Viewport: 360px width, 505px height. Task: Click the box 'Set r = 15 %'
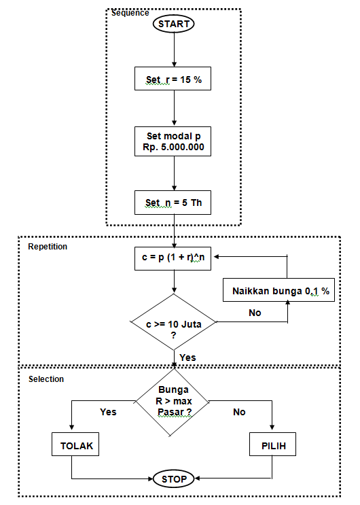[174, 80]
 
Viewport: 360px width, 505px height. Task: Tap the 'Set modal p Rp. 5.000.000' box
[174, 142]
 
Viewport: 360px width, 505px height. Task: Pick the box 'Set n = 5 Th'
[174, 203]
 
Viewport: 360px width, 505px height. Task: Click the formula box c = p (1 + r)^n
[174, 257]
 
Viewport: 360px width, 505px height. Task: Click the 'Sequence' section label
[130, 13]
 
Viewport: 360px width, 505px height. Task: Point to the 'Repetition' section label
[48, 247]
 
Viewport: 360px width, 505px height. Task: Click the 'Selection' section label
[46, 379]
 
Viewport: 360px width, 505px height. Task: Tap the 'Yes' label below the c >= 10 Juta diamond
[187, 357]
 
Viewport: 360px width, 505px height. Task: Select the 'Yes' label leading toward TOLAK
[108, 412]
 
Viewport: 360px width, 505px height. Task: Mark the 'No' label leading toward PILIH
[239, 412]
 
